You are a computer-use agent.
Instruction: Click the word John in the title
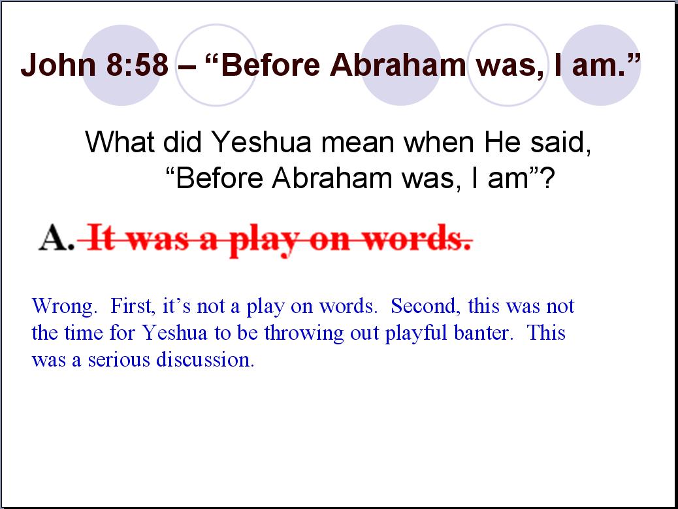58,65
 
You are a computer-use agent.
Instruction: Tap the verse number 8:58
137,65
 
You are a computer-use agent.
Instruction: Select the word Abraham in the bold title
398,65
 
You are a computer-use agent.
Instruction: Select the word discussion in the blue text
205,359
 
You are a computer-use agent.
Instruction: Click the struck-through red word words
417,238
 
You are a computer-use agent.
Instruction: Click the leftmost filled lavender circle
122,65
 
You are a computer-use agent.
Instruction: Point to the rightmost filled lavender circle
600,65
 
